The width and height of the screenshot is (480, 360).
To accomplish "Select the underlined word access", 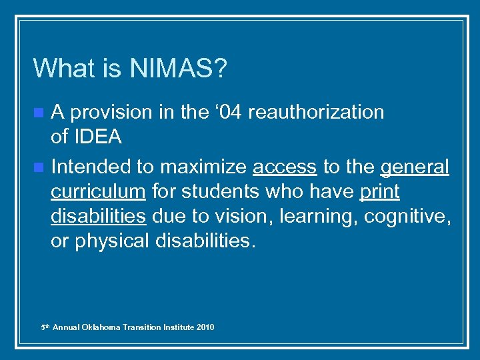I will pos(285,166).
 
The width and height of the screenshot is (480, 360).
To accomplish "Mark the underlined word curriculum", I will pos(98,192).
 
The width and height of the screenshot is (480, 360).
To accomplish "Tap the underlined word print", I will pos(379,192).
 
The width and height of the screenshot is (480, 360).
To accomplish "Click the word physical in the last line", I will pos(111,241).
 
